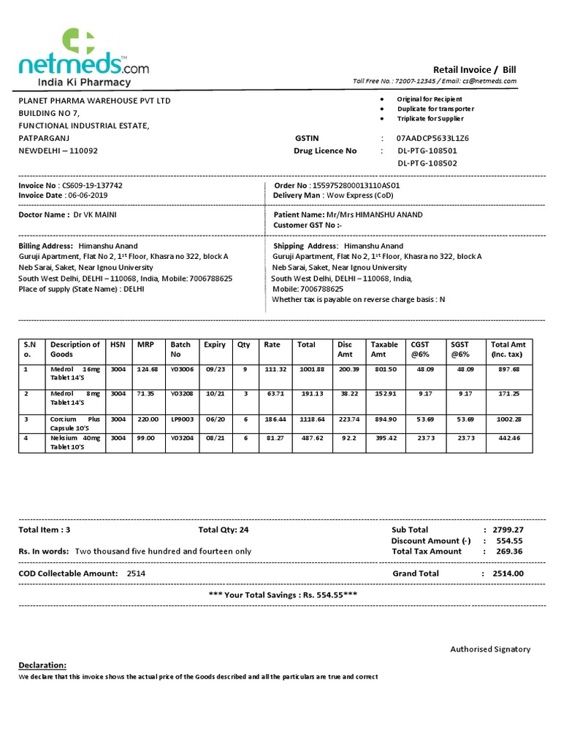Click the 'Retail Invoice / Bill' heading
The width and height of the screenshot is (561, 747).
pos(474,69)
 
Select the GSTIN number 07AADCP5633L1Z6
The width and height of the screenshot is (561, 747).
pos(432,138)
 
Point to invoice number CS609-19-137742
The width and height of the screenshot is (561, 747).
pos(92,185)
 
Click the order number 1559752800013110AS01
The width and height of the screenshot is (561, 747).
pos(356,185)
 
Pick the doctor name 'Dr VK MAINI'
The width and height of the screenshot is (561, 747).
pos(95,215)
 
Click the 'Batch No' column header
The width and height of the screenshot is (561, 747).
pos(180,349)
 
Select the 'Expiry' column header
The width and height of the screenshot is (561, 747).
pos(215,344)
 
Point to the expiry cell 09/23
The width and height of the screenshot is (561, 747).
pos(215,369)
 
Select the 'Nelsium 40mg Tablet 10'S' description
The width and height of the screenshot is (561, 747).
pos(76,442)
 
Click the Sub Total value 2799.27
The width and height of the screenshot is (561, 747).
pos(508,530)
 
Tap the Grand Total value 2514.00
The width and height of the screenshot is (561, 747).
pos(508,573)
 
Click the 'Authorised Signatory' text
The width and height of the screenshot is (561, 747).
pos(490,649)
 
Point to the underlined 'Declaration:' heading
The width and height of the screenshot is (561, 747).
pos(42,665)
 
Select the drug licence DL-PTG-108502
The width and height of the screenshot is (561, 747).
pos(427,163)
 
